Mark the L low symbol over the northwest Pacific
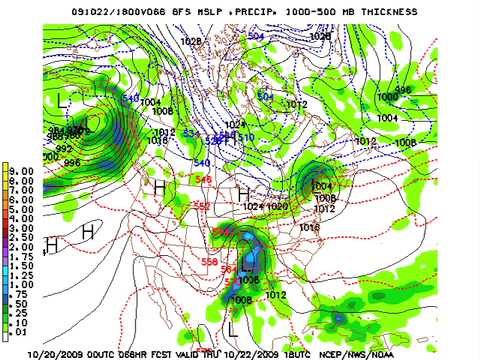(x=63, y=100)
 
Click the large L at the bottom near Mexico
(x=232, y=327)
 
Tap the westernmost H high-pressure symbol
(x=52, y=243)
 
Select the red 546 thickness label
(x=204, y=179)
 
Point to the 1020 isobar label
(x=277, y=206)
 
